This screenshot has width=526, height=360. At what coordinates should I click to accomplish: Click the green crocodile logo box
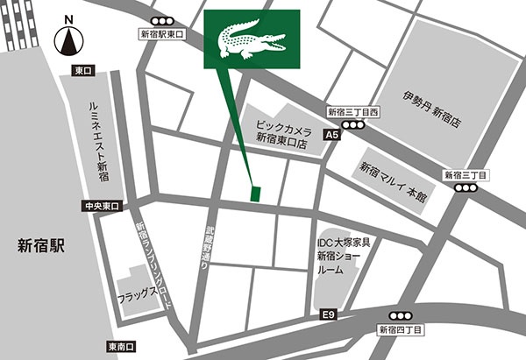(252, 39)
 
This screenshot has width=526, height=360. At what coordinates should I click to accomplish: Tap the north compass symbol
(68, 39)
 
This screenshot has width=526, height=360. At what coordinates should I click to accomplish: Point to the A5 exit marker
(331, 136)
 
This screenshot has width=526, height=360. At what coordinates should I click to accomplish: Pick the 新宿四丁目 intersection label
(401, 329)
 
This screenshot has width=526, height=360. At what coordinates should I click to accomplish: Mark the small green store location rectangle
(255, 193)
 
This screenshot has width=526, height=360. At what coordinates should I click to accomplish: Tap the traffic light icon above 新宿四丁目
(401, 315)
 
